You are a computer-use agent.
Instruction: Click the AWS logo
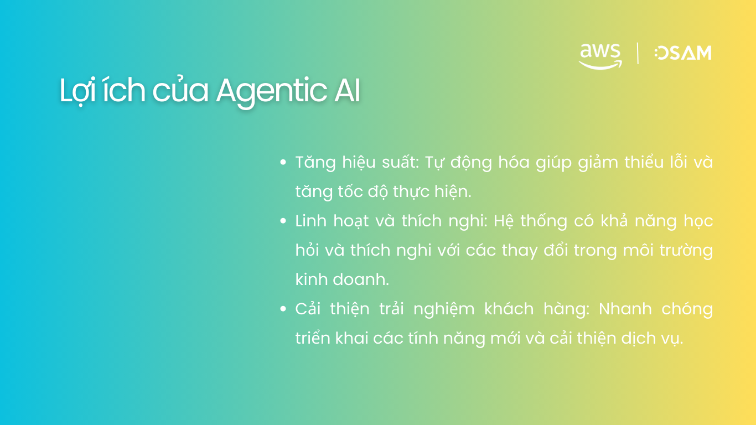[600, 55]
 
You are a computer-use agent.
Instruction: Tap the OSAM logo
[683, 53]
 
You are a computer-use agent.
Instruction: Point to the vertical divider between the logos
[638, 53]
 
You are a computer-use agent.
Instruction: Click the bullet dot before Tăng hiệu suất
[283, 163]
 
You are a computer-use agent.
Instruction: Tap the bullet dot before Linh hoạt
[283, 221]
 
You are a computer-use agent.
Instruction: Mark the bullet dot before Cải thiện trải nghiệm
[283, 309]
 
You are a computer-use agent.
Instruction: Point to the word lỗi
[660, 163]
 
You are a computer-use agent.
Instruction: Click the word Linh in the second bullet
[310, 221]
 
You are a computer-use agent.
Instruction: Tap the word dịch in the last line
[629, 338]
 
